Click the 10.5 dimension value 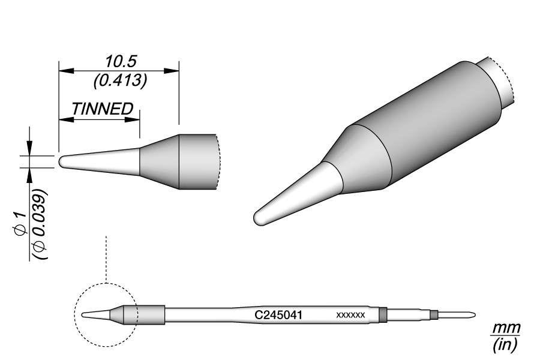coord(122,61)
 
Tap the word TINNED coord(102,109)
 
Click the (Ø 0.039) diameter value coord(41,225)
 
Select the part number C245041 coord(278,314)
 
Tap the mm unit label coord(506,329)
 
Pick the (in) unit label coord(505,346)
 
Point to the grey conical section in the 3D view coord(360,159)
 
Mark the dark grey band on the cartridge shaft coord(383,314)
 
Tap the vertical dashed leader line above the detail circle coord(106,258)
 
